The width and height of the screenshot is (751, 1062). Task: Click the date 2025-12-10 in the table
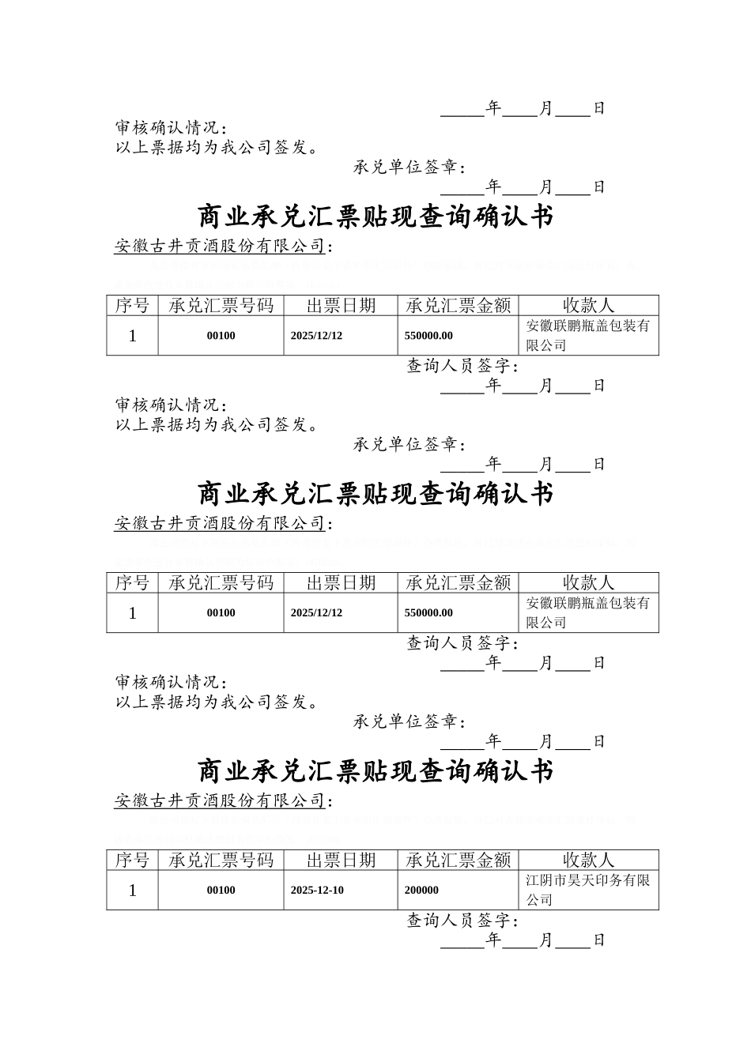(x=317, y=890)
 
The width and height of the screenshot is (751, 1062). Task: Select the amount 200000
(x=421, y=890)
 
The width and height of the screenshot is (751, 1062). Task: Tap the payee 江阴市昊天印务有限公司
(x=587, y=890)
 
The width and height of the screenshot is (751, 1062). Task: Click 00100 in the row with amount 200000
(x=221, y=890)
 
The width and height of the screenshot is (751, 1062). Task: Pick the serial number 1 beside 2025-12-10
(x=132, y=890)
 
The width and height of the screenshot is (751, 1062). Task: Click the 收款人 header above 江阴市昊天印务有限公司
(x=588, y=860)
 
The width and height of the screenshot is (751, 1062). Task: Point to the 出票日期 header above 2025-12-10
(x=341, y=860)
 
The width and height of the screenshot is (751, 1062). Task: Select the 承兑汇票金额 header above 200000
(x=458, y=860)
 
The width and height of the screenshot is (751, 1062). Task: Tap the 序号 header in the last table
(x=132, y=860)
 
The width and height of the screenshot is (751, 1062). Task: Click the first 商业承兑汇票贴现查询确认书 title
(x=375, y=217)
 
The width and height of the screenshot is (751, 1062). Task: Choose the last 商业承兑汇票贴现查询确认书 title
(x=375, y=770)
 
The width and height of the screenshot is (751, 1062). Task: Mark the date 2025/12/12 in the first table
(x=316, y=336)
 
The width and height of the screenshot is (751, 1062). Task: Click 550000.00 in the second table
(x=428, y=612)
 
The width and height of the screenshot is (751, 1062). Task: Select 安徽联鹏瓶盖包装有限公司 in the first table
(x=587, y=336)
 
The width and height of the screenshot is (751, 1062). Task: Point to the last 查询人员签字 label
(x=462, y=921)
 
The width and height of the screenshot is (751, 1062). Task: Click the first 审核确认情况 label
(x=171, y=128)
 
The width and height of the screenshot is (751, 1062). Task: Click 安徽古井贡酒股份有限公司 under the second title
(x=220, y=523)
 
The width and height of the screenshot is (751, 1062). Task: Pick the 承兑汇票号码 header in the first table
(x=221, y=306)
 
